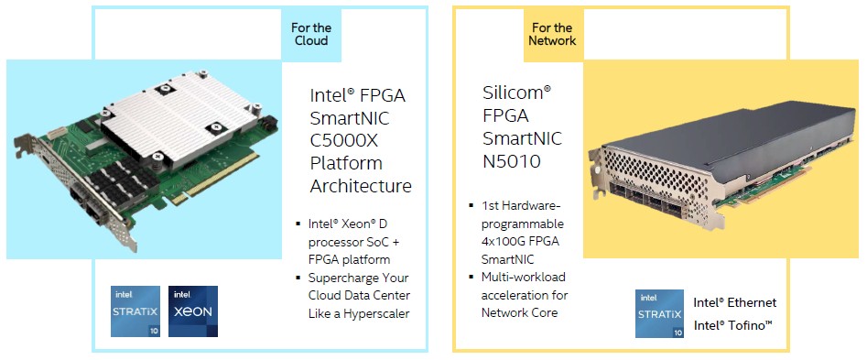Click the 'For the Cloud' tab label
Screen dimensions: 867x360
pos(311,34)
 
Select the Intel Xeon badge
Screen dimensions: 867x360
pos(193,311)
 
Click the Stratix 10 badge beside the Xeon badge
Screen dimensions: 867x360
pos(135,311)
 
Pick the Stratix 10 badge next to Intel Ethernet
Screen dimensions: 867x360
pos(660,313)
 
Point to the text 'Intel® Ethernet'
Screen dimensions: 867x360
pos(735,302)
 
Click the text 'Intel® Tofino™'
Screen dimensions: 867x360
pos(732,326)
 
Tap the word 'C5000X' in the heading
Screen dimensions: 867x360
pos(344,140)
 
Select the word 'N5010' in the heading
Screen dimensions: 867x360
pos(512,161)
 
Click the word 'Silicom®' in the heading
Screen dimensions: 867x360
pos(516,93)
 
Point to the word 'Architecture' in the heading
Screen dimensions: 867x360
pos(361,186)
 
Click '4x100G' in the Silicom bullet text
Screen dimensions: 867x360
pos(504,242)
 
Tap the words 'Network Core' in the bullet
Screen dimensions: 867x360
pos(519,312)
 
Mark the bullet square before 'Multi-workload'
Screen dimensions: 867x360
pos(471,276)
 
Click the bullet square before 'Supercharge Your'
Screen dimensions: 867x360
pos(298,277)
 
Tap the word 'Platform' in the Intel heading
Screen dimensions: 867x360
pos(345,164)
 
